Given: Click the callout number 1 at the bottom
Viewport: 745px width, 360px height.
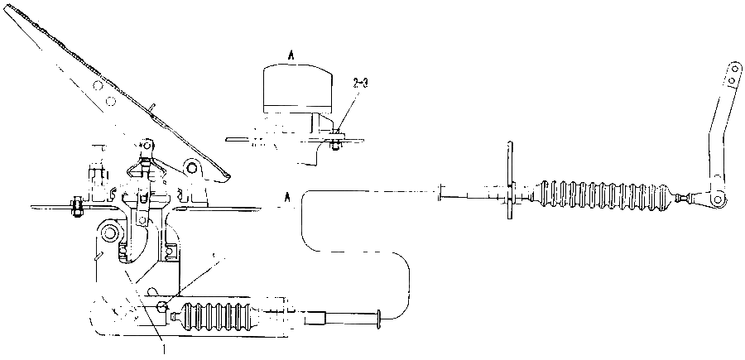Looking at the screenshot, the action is [x=164, y=350].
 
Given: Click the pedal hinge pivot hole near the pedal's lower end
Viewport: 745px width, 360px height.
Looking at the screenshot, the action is [x=192, y=167].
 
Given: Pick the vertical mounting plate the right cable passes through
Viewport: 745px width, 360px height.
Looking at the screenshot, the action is [x=509, y=180].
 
